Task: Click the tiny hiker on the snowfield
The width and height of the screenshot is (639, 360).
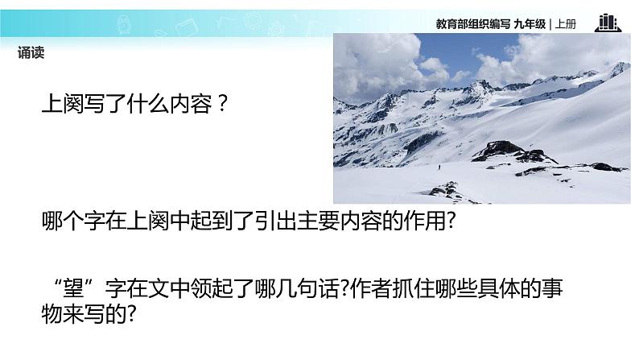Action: [439, 168]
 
